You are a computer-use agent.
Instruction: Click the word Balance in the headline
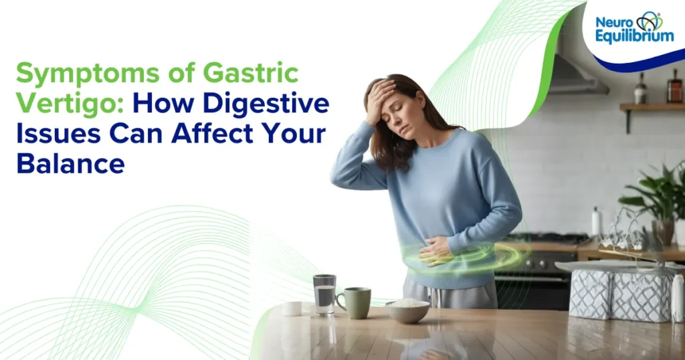[70, 163]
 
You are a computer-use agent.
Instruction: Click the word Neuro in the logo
[613, 22]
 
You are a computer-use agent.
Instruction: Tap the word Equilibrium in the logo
[634, 36]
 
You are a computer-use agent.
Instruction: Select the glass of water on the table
[324, 294]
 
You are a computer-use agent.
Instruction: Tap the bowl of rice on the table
[407, 310]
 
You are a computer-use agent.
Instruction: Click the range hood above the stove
[575, 74]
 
